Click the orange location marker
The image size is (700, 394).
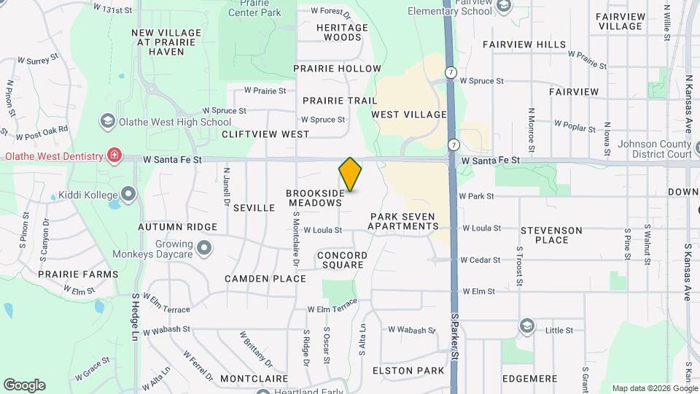351,174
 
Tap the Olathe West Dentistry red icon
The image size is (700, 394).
114,155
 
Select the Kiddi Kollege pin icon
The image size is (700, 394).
129,194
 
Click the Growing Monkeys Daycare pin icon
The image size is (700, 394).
205,249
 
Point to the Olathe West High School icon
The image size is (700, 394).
107,121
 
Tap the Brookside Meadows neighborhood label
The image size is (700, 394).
315,198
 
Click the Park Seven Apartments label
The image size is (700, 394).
402,221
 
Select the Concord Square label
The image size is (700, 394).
342,260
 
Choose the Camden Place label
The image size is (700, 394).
265,279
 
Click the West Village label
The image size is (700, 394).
408,115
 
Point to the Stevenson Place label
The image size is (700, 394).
551,235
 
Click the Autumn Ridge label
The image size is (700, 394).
178,227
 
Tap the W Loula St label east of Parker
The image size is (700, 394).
481,228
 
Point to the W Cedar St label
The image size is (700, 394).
480,260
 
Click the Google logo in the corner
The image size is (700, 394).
24,385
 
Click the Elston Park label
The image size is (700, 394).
408,371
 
